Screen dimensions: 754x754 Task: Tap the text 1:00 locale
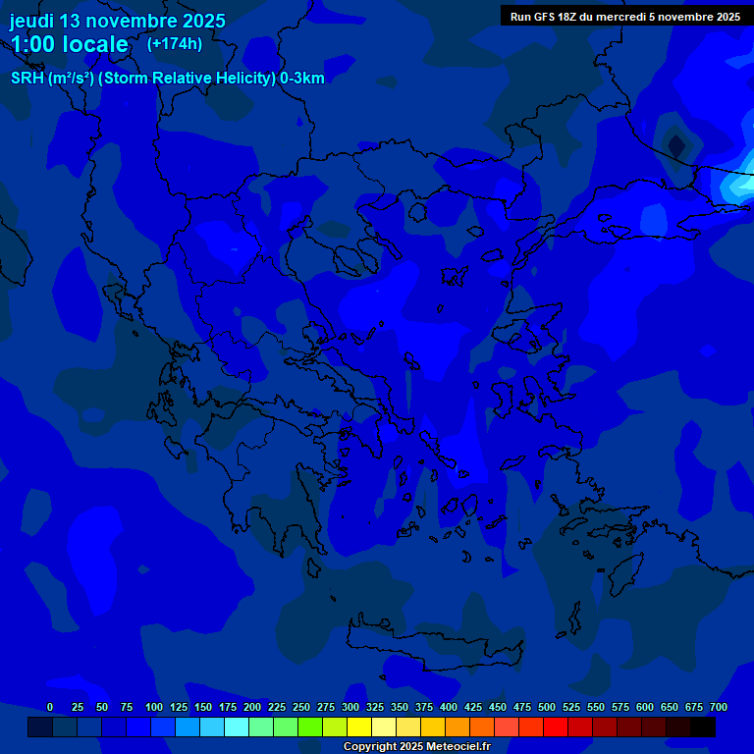tap(69, 44)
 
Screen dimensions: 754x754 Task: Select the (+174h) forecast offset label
tap(175, 43)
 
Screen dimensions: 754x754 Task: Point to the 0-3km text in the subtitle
tap(302, 79)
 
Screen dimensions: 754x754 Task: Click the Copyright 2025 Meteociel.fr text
tap(416, 747)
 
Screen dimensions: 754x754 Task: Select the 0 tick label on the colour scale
tap(50, 707)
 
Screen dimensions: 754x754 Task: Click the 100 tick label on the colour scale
tap(154, 707)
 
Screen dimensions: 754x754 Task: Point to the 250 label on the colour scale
tap(301, 707)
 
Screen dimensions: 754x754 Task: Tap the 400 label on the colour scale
tap(449, 707)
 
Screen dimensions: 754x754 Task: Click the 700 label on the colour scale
tap(719, 707)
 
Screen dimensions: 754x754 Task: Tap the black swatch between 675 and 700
tap(703, 727)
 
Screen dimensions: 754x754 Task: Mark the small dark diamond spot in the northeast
tap(676, 145)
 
